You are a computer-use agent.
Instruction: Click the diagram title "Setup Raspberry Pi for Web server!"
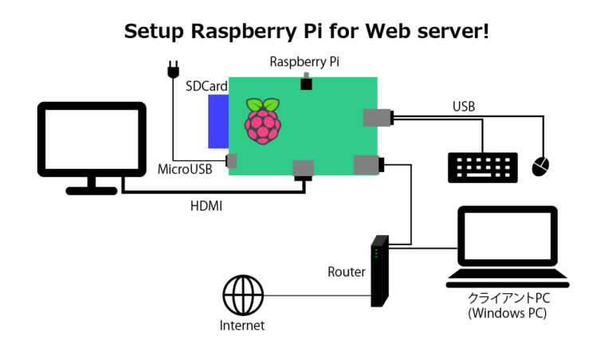(x=306, y=31)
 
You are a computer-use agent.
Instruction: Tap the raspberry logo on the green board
(x=262, y=122)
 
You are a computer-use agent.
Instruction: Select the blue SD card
(x=218, y=122)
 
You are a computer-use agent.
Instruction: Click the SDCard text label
(x=206, y=86)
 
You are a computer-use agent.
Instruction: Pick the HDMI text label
(x=206, y=206)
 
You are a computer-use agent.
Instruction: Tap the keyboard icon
(x=482, y=166)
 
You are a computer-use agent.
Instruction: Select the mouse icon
(x=540, y=166)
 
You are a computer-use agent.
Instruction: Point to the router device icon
(x=379, y=272)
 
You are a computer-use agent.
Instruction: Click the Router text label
(x=347, y=272)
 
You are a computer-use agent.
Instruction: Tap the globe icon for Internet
(x=242, y=296)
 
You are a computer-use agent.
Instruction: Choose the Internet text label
(x=242, y=326)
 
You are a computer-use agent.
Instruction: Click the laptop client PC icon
(x=507, y=246)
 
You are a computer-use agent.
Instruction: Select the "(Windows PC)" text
(x=508, y=313)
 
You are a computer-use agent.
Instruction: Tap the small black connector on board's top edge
(x=304, y=82)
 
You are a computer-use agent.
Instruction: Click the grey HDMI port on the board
(x=303, y=168)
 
